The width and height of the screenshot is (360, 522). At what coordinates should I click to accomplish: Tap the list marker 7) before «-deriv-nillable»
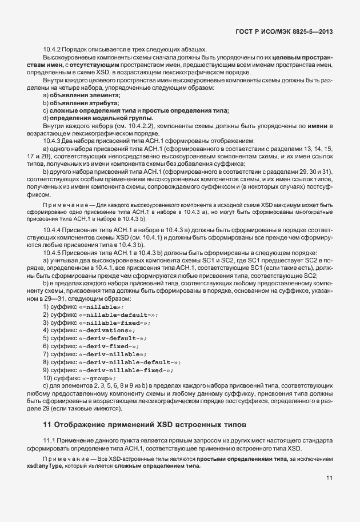point(46,354)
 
